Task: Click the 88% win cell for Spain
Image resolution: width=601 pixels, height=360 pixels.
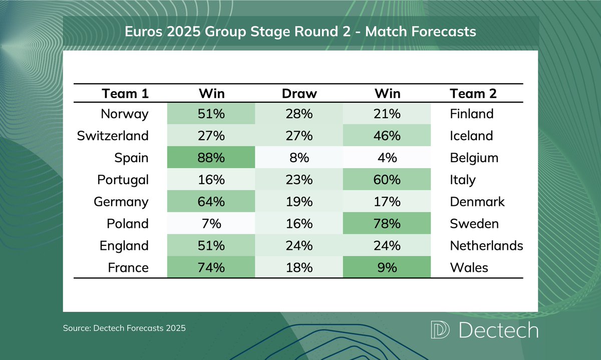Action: [x=211, y=158]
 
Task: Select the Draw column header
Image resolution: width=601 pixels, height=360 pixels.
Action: [x=299, y=94]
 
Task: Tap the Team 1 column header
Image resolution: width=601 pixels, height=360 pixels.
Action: [x=125, y=94]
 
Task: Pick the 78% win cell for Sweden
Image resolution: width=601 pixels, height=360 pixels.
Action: [x=387, y=224]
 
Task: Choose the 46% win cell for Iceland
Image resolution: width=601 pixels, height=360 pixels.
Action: [x=387, y=136]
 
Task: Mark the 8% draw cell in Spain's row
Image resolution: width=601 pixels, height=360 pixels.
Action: [x=299, y=158]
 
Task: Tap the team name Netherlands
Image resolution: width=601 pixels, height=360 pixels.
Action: [x=486, y=246]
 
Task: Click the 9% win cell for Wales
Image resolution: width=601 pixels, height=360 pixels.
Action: [x=387, y=268]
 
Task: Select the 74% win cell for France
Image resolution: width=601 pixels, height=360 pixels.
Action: [x=211, y=268]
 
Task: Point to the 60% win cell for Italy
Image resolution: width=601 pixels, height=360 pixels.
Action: [x=387, y=180]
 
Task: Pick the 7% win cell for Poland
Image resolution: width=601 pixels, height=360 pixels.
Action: [x=211, y=224]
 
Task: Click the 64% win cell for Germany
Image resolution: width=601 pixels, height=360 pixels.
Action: [x=211, y=202]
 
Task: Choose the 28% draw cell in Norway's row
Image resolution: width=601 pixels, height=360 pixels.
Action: [x=299, y=114]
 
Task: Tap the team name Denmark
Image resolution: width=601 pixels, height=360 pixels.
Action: [x=477, y=202]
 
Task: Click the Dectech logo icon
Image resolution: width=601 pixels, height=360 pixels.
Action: [x=440, y=330]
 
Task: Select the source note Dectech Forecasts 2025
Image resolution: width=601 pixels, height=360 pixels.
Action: [x=124, y=329]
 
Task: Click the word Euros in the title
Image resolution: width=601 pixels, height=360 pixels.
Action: [x=143, y=32]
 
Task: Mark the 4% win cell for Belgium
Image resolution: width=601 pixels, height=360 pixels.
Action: [x=387, y=158]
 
